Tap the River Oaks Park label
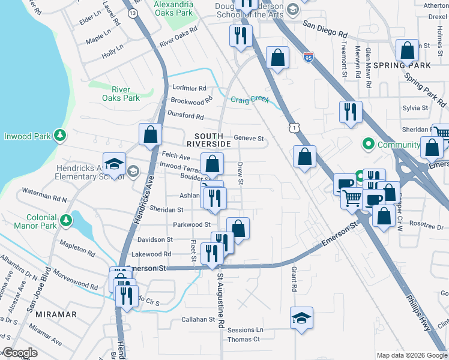121,94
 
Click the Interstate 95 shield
308,58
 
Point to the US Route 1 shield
293,127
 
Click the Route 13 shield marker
133,13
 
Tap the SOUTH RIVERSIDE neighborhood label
208,140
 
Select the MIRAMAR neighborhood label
56,314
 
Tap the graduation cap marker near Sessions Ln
301,317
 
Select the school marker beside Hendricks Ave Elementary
114,164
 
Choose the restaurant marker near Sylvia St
349,111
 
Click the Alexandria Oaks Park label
174,8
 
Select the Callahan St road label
198,320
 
